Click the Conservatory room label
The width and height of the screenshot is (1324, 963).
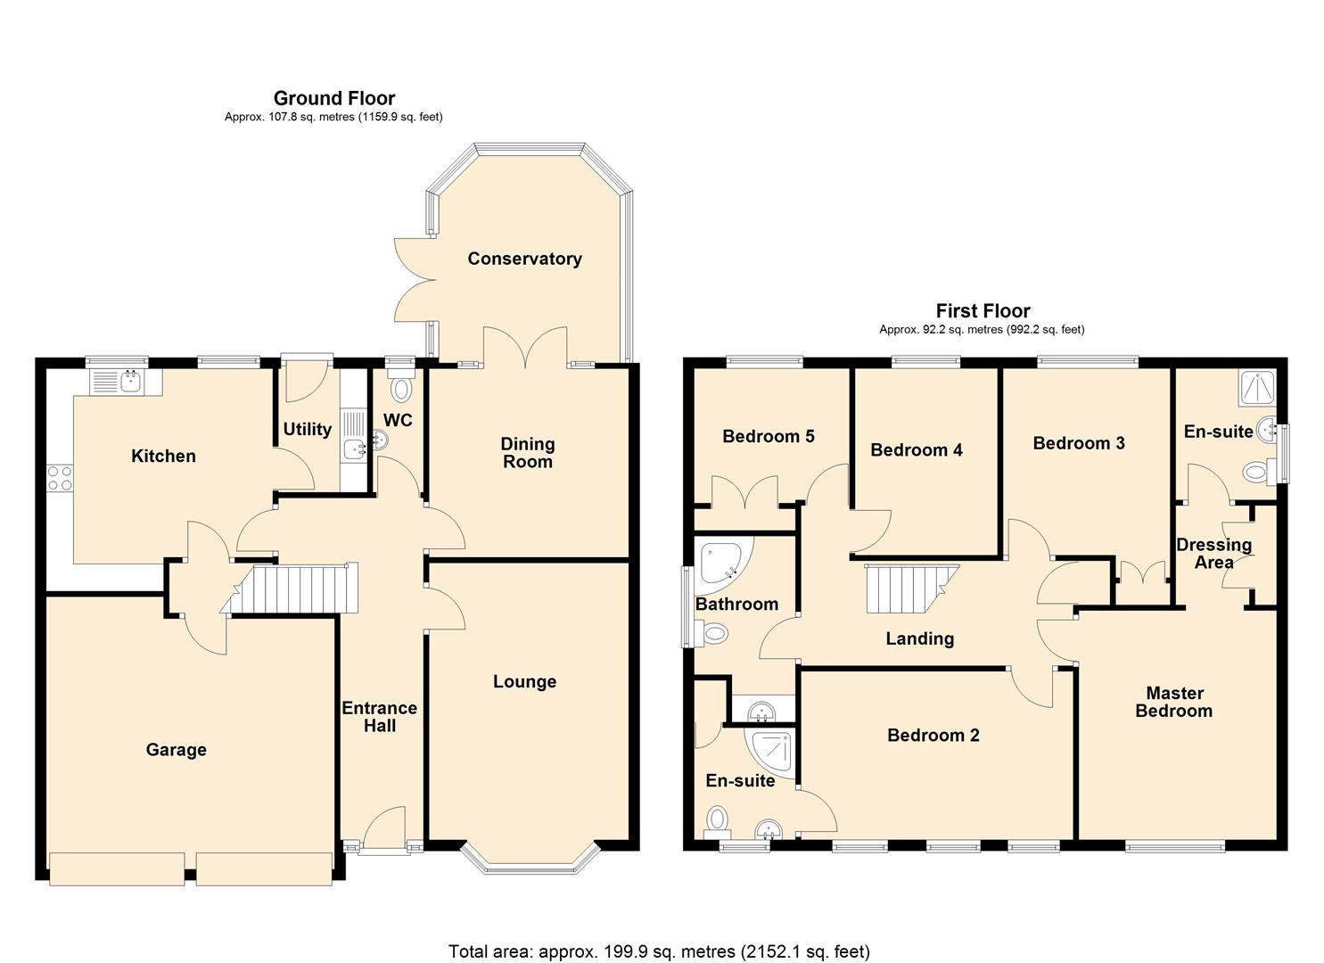click(x=524, y=259)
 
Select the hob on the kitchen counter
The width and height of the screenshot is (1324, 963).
click(x=60, y=478)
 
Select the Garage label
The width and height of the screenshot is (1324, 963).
click(x=176, y=750)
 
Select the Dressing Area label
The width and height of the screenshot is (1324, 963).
click(x=1213, y=553)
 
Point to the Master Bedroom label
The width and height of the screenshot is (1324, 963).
click(x=1173, y=702)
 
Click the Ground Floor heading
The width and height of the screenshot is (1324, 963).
click(x=333, y=98)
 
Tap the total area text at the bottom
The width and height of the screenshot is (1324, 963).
click(x=659, y=951)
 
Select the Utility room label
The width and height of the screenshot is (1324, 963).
click(x=307, y=429)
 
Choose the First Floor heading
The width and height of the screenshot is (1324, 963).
click(x=983, y=311)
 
